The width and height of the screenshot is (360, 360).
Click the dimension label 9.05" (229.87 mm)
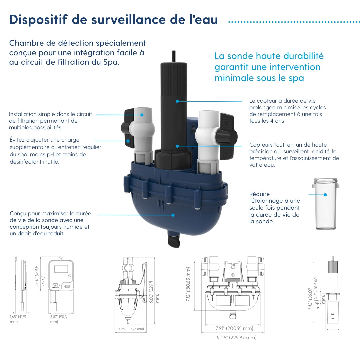click(x=237, y=338)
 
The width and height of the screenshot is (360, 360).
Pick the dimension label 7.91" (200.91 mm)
click(x=234, y=328)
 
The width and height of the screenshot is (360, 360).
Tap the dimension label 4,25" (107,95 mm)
click(x=131, y=329)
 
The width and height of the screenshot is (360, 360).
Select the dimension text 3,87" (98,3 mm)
click(x=58, y=319)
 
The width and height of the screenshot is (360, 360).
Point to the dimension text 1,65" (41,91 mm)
click(x=18, y=319)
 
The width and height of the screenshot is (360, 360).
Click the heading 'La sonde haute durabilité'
click(x=269, y=56)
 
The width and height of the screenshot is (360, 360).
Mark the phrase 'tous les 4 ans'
click(x=267, y=121)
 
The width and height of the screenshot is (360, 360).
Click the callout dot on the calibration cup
click(x=325, y=195)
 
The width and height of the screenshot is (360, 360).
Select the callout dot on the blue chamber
click(x=173, y=215)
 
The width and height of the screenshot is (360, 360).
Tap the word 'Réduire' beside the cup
click(x=260, y=194)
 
